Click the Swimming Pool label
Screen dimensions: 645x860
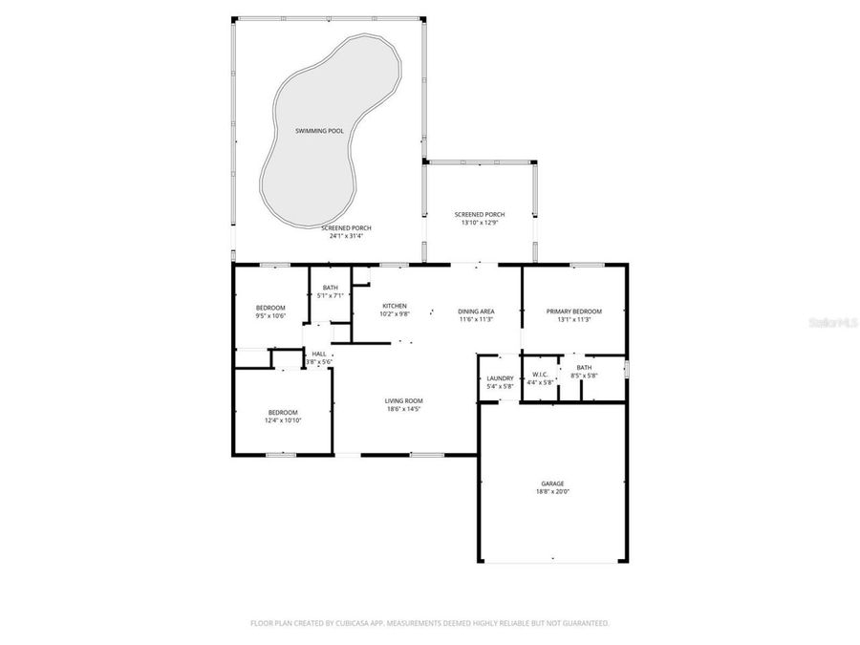[319, 130]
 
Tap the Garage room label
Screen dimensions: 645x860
[552, 484]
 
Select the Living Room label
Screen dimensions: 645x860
[403, 400]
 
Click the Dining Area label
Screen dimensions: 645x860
[475, 312]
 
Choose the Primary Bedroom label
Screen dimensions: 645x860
[573, 312]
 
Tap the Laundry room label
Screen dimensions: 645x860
[501, 378]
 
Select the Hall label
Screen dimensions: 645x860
[319, 355]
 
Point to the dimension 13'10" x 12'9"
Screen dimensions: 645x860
[480, 223]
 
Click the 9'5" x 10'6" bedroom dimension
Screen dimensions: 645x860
[270, 315]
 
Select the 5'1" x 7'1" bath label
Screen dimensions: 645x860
[330, 296]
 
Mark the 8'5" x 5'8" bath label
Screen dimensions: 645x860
[583, 376]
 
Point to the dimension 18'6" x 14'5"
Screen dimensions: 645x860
[403, 409]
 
